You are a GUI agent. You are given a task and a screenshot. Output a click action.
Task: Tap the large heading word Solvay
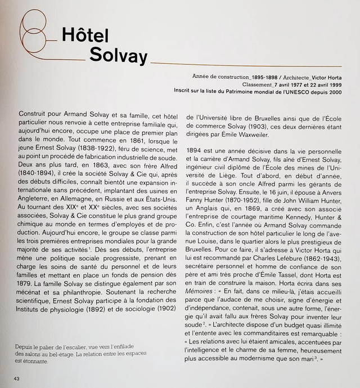pos(118,56)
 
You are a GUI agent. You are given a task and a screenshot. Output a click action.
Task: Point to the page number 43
pos(17,378)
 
